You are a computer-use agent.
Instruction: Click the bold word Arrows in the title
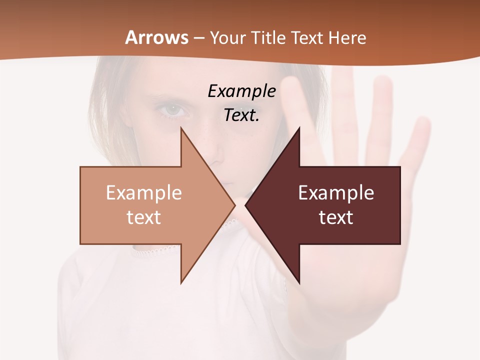157,37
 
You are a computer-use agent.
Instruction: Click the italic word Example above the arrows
241,91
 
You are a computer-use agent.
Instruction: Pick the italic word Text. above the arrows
241,115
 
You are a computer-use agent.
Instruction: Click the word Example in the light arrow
143,193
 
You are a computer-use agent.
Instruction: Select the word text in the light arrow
143,217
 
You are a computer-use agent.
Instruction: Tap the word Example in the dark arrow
336,193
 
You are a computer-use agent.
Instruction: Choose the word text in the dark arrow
336,217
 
